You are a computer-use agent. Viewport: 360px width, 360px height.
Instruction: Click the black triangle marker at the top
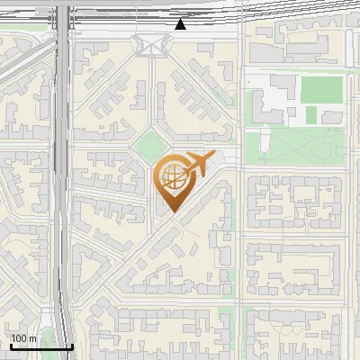pyautogui.click(x=181, y=24)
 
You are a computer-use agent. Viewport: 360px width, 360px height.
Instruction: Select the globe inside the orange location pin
pyautogui.click(x=171, y=177)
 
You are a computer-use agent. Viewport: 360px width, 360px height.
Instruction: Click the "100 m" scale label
pyautogui.click(x=24, y=338)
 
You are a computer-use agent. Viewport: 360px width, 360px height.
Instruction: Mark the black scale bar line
pyautogui.click(x=41, y=347)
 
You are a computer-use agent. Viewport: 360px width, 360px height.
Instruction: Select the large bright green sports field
pyautogui.click(x=321, y=89)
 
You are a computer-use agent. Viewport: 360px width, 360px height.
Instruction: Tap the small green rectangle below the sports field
pyautogui.click(x=310, y=115)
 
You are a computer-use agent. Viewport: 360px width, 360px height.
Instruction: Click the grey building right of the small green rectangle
pyautogui.click(x=333, y=117)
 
